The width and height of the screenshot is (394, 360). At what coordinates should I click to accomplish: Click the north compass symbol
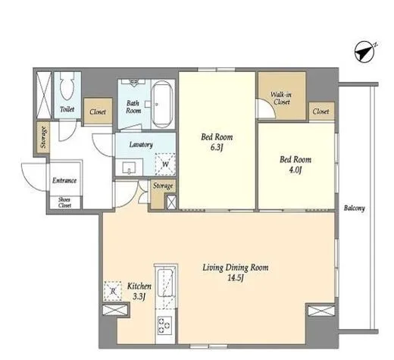(365, 52)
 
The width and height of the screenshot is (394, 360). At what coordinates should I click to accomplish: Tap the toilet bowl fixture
(67, 86)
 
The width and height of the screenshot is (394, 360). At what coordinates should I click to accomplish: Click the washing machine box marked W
(165, 164)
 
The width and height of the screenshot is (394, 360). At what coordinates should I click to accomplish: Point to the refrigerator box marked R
(113, 291)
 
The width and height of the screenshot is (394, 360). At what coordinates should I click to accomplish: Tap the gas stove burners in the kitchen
(164, 325)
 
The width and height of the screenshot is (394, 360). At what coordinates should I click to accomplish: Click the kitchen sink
(165, 283)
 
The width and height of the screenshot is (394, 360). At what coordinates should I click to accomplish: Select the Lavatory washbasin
(129, 167)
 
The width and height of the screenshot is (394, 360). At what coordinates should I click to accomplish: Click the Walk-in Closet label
(281, 99)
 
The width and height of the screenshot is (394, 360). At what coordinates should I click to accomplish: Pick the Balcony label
(355, 208)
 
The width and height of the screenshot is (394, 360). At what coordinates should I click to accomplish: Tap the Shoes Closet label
(64, 202)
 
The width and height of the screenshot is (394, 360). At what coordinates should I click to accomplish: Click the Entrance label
(64, 180)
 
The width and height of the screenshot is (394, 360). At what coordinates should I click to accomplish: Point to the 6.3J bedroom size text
(217, 147)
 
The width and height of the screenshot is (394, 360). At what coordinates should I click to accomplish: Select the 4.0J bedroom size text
(295, 170)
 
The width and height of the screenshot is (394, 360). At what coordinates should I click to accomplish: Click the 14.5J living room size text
(236, 278)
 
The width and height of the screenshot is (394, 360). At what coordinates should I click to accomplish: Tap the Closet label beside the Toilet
(98, 111)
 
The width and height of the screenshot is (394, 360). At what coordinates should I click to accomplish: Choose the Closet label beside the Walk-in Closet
(321, 111)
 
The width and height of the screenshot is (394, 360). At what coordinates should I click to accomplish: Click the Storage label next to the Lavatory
(163, 186)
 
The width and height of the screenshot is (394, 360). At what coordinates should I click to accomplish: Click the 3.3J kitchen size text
(139, 296)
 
